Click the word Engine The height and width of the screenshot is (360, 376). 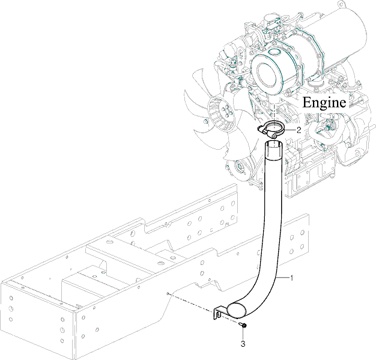(x=324, y=102)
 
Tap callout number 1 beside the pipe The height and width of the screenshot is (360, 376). (x=292, y=278)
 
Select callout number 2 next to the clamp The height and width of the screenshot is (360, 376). (x=299, y=129)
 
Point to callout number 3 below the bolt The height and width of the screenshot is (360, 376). (x=243, y=344)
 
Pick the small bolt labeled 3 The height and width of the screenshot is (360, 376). (x=243, y=326)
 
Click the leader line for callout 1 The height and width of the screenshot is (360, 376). (x=284, y=277)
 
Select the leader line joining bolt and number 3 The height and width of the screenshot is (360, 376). (x=243, y=335)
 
